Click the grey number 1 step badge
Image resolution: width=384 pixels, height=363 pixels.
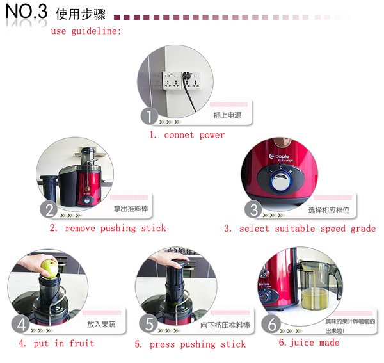point(149,116)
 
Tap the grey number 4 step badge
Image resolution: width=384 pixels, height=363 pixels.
point(21,325)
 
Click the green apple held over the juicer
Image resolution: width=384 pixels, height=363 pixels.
point(50,269)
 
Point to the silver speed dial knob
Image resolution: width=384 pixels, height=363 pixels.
point(281,181)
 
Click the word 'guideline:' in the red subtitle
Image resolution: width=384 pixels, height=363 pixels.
point(96,31)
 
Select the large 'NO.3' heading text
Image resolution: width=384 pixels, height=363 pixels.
point(26,12)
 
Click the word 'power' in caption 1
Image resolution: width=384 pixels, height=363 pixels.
point(212,136)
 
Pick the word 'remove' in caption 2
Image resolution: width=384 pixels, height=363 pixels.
point(80,229)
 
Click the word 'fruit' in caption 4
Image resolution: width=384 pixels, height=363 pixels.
point(81,343)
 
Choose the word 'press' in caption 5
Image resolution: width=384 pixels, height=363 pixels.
point(162,344)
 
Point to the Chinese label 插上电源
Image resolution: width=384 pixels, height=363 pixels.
point(227,115)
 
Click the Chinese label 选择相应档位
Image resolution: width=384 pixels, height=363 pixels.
point(329,210)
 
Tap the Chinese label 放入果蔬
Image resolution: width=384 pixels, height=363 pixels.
point(101,325)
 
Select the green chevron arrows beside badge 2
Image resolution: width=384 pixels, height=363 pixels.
point(71,216)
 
